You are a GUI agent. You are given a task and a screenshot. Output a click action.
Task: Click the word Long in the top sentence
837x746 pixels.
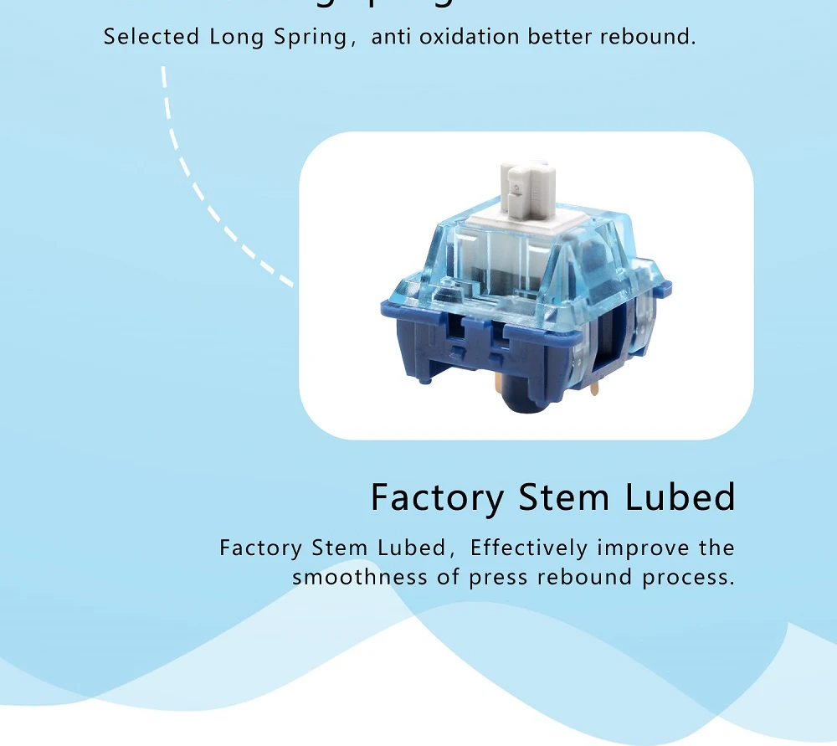coord(231,37)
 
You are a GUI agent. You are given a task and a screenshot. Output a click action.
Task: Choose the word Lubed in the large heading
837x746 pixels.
coord(680,496)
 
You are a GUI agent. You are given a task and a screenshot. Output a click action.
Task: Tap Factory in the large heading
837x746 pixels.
coord(437,498)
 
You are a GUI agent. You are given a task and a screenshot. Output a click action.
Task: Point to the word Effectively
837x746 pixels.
coord(529,548)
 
